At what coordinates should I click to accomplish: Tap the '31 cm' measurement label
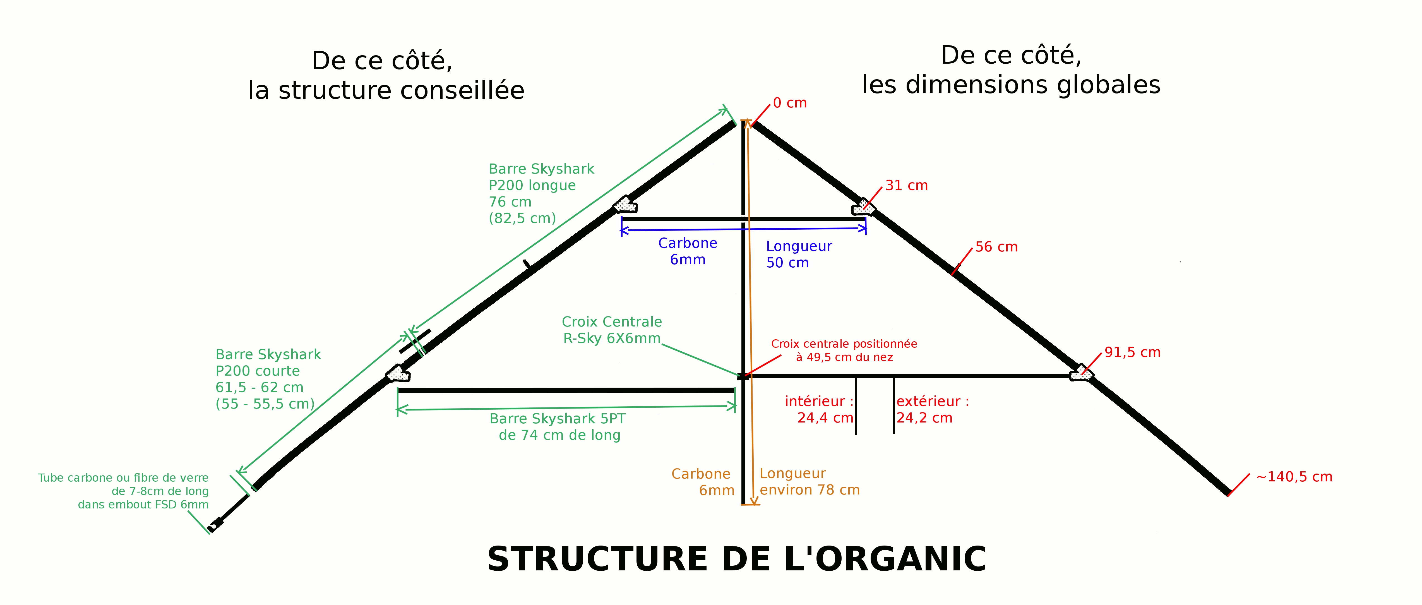point(906,186)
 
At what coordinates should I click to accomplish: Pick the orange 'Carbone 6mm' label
point(702,482)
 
